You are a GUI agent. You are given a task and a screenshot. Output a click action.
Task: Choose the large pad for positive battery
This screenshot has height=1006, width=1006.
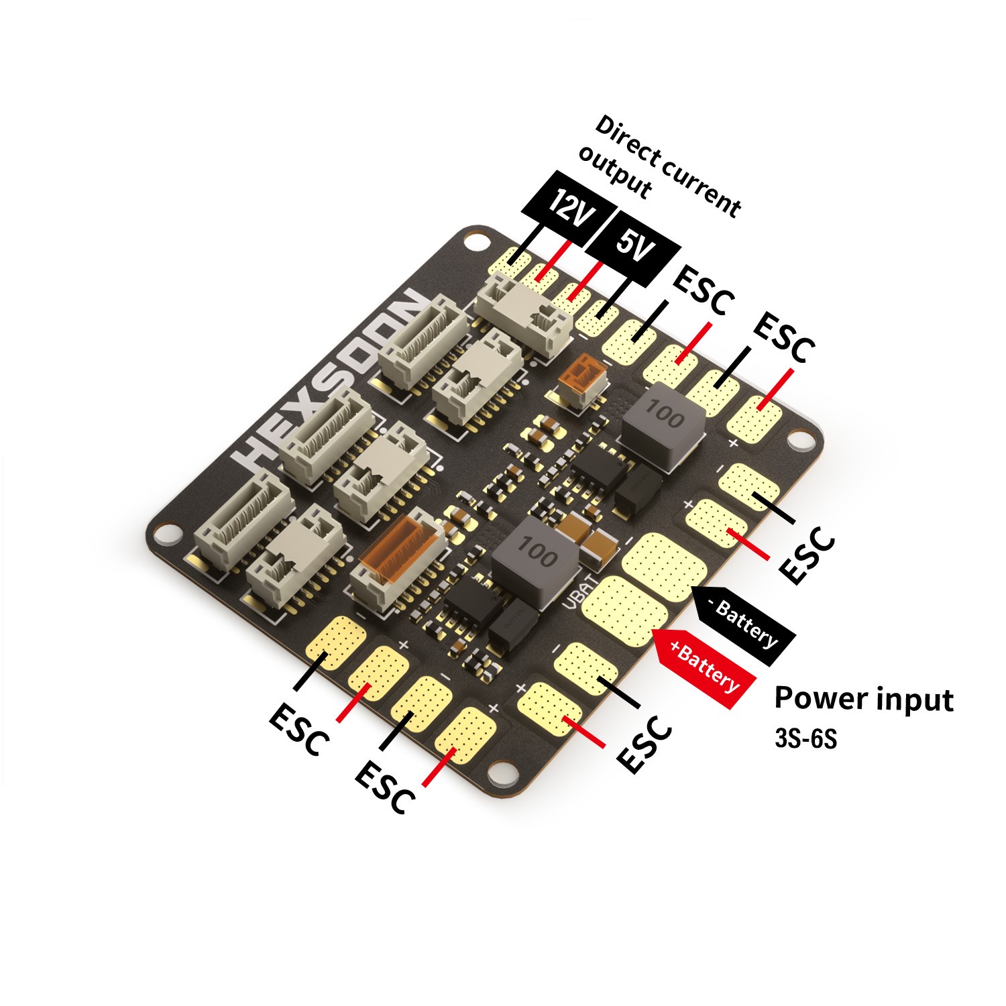(624, 607)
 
